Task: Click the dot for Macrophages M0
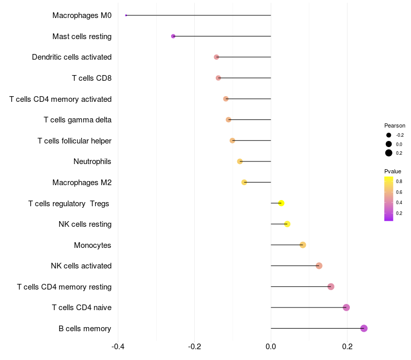tap(126, 15)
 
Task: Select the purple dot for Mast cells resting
tap(173, 36)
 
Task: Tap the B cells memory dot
tap(364, 328)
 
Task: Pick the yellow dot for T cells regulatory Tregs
tap(281, 203)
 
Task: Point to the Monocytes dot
tap(303, 245)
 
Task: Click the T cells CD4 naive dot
tap(346, 308)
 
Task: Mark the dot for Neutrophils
tap(240, 161)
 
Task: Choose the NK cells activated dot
tap(319, 266)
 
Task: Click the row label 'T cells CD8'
tap(91, 78)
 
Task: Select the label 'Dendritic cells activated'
tap(71, 57)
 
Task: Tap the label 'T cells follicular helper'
tap(74, 141)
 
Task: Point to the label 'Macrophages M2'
tap(82, 183)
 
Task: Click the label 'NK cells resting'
tap(85, 224)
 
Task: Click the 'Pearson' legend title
tap(395, 125)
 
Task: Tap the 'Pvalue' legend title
tap(393, 171)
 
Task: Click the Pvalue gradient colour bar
tap(389, 199)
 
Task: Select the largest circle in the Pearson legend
tap(389, 153)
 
